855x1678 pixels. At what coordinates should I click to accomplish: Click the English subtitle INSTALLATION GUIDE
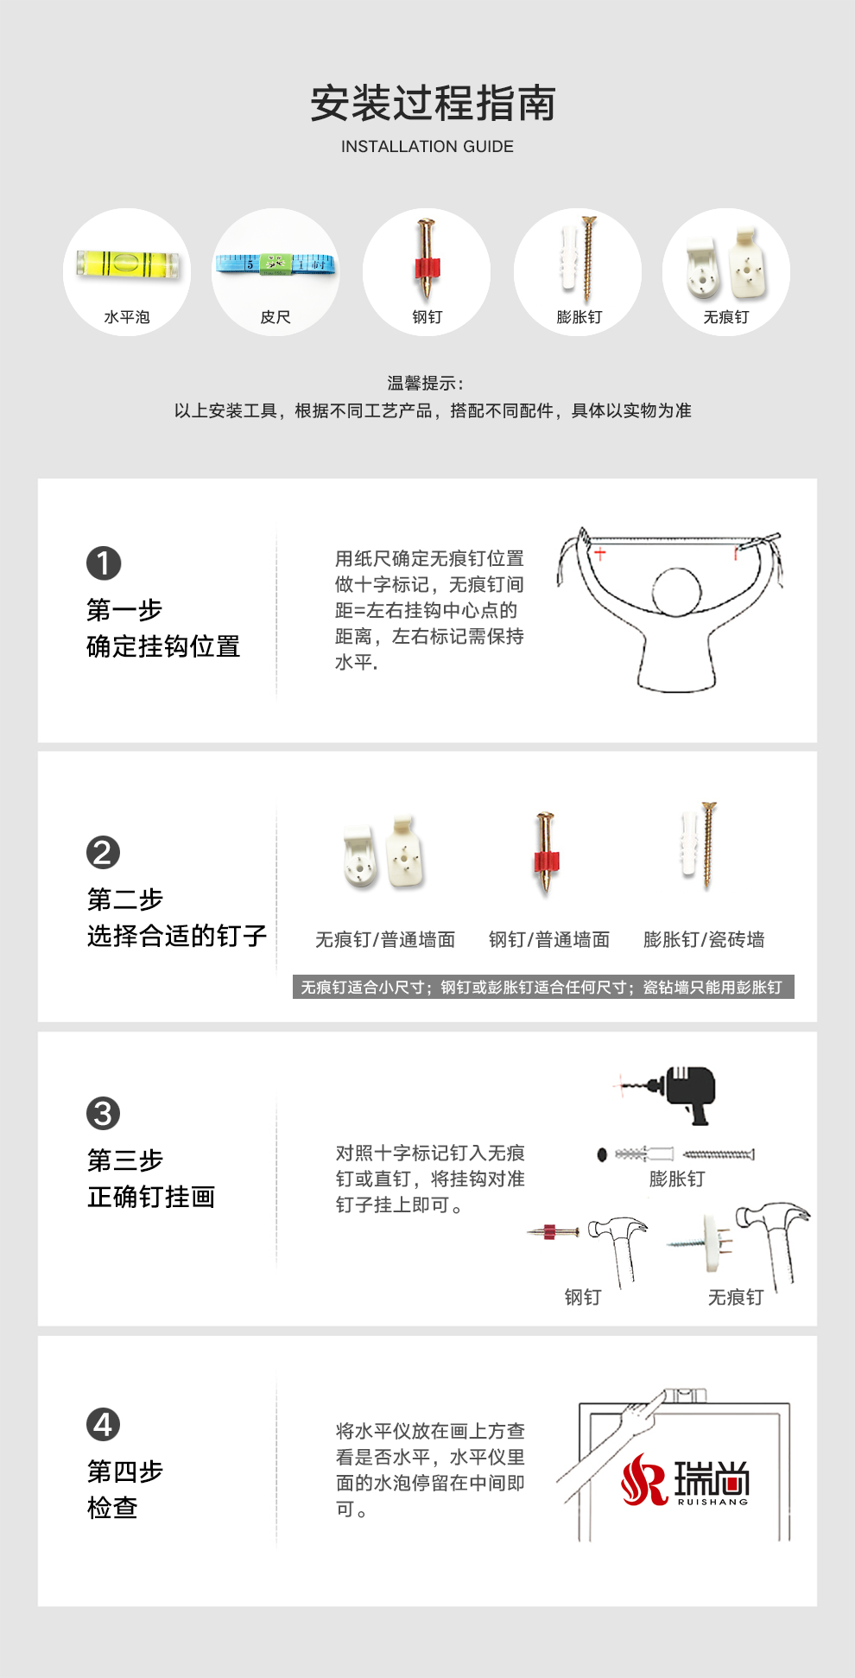427,147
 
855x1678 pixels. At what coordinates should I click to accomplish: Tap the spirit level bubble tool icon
127,264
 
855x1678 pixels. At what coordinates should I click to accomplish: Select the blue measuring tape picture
275,264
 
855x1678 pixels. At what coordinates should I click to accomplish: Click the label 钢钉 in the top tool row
427,317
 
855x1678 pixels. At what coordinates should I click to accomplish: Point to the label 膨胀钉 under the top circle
579,317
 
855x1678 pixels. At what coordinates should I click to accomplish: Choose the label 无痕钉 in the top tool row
726,317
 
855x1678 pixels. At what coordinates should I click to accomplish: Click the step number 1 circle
104,563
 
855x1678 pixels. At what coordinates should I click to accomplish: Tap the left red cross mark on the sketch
599,553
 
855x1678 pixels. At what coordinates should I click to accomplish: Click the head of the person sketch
676,592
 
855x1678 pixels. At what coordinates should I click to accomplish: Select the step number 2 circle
104,853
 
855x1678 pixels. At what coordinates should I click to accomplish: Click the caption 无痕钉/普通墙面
385,939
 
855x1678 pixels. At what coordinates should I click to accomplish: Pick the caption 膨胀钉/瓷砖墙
704,939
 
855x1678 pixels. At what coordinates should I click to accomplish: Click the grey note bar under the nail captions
543,987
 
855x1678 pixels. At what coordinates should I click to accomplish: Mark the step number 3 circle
104,1113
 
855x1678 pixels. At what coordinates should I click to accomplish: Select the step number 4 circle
104,1425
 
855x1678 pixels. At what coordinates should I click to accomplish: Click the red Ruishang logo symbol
643,1479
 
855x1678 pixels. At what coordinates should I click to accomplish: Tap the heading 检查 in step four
112,1508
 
